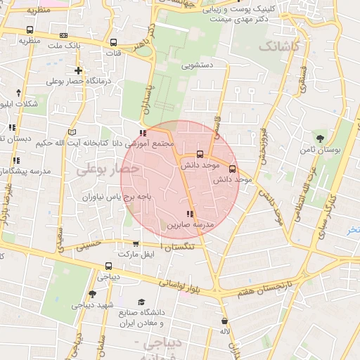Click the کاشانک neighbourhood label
[x=278, y=46]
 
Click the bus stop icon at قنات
[x=115, y=41]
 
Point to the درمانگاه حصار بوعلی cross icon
[x=77, y=71]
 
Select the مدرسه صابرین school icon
[x=188, y=213]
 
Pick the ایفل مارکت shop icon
[x=136, y=243]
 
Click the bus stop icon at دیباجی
[x=108, y=266]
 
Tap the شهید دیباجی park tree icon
[x=92, y=294]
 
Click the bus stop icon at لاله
[x=224, y=321]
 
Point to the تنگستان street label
[x=182, y=244]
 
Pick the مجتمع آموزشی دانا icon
[x=143, y=133]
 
